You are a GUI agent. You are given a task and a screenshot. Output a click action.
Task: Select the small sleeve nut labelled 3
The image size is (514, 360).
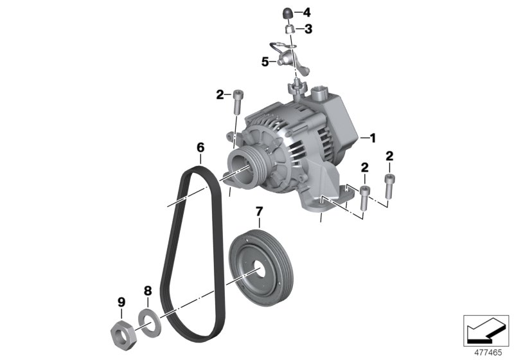289,29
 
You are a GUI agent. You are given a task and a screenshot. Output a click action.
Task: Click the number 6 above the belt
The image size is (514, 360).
200,148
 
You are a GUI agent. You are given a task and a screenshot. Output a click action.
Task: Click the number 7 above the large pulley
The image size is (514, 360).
258,211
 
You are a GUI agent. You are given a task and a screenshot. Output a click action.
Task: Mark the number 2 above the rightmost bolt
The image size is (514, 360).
389,156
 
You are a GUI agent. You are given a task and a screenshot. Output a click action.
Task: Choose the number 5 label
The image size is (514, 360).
264,62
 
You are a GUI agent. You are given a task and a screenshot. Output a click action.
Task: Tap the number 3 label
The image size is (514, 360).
308,29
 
